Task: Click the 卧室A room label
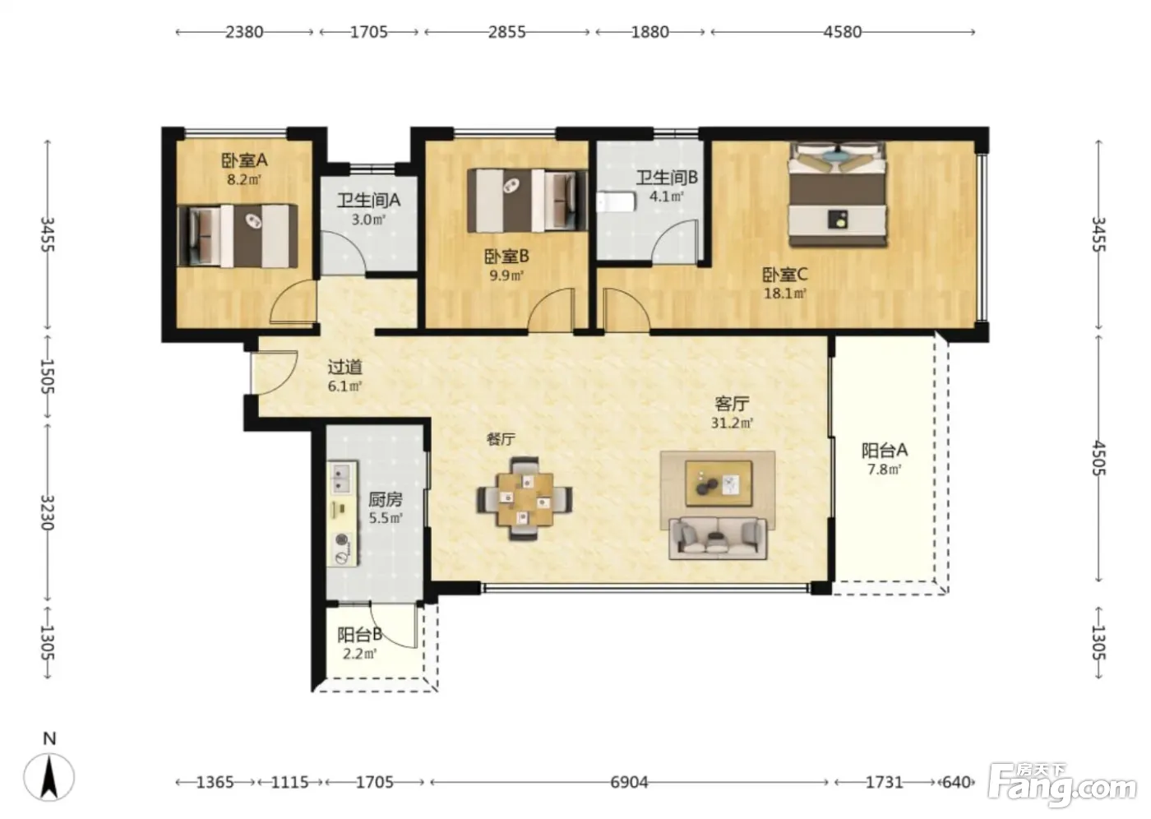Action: [x=244, y=161]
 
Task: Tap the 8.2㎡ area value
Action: [x=244, y=180]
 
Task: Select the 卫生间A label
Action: [x=368, y=201]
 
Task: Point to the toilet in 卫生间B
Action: [x=616, y=202]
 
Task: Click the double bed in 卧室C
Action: [x=838, y=194]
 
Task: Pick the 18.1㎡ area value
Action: [x=785, y=294]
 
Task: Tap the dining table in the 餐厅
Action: [x=525, y=499]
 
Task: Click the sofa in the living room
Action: [x=718, y=538]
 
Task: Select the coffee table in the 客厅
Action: [x=719, y=484]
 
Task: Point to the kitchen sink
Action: [x=342, y=479]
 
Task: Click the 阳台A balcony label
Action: [x=885, y=451]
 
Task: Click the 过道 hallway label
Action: [x=344, y=367]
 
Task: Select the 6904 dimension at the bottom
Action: [x=629, y=783]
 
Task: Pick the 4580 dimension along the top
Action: [x=843, y=32]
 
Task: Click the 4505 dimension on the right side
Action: [x=1098, y=458]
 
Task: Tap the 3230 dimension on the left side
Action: [x=48, y=513]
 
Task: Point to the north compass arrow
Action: [x=49, y=777]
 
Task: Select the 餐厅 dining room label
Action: [x=501, y=439]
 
